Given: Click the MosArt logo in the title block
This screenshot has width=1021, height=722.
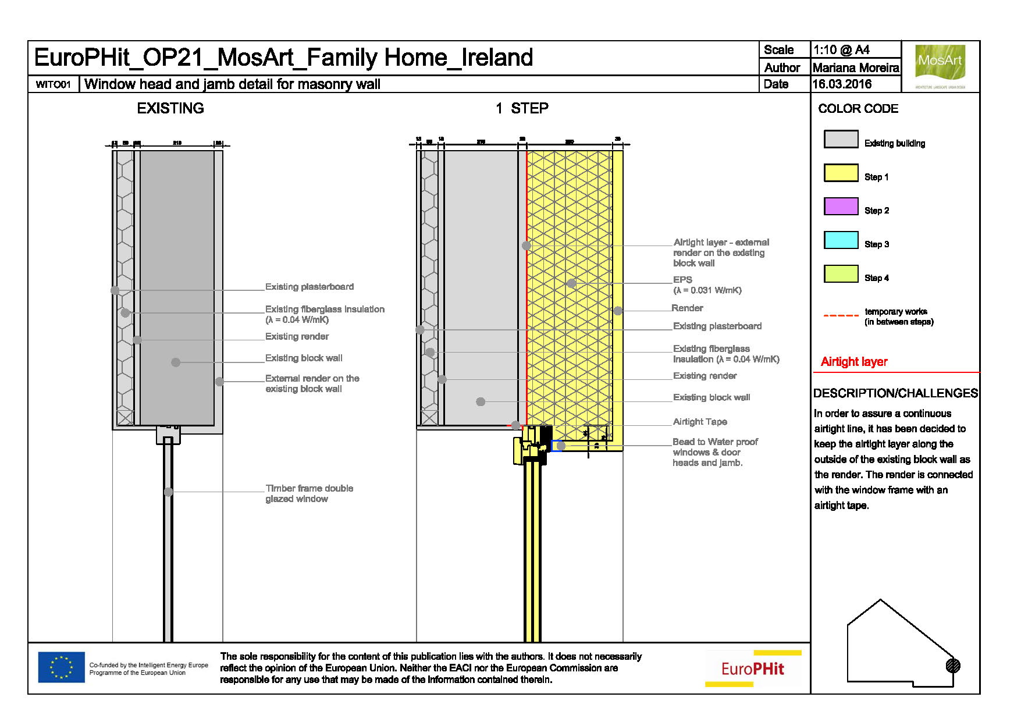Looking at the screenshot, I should click(940, 63).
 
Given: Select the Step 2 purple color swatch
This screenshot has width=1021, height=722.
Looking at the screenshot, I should click(841, 207).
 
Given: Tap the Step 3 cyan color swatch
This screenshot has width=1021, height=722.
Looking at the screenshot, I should click(841, 240).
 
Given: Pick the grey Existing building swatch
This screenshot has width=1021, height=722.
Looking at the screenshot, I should click(841, 140).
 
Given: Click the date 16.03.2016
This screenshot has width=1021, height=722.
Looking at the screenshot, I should click(842, 84).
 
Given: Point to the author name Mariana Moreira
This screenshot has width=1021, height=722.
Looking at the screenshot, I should click(856, 68).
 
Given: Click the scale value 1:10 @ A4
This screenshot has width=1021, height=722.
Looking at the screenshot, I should click(841, 50).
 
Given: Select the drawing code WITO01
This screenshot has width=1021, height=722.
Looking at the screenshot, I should click(53, 85).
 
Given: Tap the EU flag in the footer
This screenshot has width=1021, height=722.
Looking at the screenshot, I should click(61, 667).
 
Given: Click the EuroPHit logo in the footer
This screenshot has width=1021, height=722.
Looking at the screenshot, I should click(753, 668).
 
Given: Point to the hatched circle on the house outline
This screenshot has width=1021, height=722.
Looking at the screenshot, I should click(953, 666).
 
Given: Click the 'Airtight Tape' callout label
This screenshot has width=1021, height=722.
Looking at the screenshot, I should click(700, 422).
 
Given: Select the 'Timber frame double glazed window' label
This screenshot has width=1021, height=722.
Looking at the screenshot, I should click(309, 493).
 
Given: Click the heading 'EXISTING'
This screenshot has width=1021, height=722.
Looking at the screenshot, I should click(170, 108).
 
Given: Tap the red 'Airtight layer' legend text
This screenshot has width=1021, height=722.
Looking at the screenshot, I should click(854, 362).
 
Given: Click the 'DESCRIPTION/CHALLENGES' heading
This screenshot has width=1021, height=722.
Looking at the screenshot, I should click(895, 393).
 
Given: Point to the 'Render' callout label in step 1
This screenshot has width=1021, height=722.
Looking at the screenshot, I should click(687, 308).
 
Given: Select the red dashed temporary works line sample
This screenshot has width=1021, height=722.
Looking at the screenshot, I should click(841, 316).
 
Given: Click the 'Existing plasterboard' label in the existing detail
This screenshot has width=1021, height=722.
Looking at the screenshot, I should click(309, 287).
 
